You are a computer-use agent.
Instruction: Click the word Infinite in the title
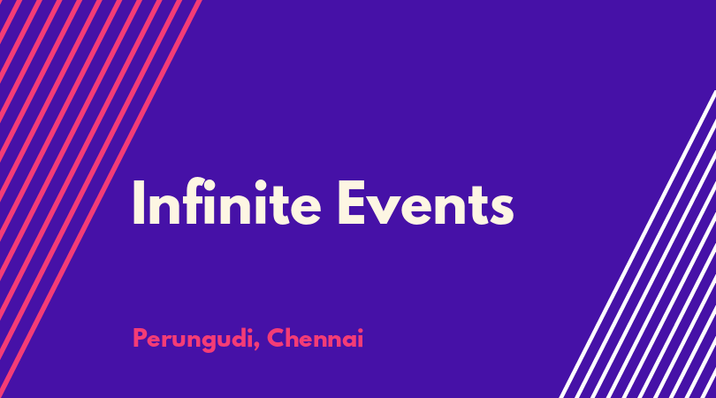pyautogui.click(x=226, y=202)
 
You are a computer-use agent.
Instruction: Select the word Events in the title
pyautogui.click(x=425, y=203)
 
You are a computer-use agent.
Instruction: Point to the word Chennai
pyautogui.click(x=315, y=338)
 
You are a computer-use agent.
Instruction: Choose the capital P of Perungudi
pyautogui.click(x=140, y=338)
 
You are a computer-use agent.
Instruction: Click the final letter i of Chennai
pyautogui.click(x=361, y=338)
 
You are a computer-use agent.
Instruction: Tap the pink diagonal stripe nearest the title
pyautogui.click(x=101, y=199)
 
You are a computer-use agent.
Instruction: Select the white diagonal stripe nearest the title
pyautogui.click(x=637, y=244)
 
